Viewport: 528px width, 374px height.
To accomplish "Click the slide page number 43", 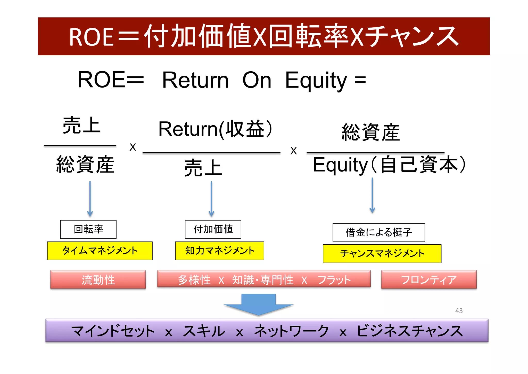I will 459,311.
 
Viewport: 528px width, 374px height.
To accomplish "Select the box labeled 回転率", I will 88,229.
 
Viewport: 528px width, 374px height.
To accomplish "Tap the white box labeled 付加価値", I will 213,229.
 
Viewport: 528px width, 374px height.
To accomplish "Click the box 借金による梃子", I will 379,232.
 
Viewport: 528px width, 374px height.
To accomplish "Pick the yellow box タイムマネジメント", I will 100,251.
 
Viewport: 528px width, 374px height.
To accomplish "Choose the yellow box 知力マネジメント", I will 219,251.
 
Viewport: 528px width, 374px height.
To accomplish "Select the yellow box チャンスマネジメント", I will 382,254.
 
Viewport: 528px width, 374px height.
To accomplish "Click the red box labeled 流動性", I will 98,279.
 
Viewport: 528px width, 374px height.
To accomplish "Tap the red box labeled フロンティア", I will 429,279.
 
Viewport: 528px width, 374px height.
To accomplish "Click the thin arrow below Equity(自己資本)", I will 372,195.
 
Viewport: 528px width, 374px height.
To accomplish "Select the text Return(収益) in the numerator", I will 215,129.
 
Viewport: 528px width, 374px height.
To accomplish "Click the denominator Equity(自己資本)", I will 389,165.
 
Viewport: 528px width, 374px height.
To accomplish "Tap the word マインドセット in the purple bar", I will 113,331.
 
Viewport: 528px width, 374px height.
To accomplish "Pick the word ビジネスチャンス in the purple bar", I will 409,331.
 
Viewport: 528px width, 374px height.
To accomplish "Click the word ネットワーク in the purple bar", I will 291,331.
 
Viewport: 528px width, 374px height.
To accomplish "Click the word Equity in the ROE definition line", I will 316,80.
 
